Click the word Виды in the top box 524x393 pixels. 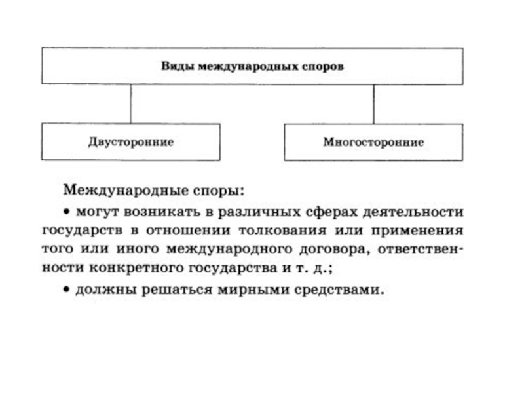[x=174, y=67]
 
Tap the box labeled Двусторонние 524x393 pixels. [x=131, y=141]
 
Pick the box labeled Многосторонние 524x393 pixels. [x=373, y=141]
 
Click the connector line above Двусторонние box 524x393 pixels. [x=131, y=103]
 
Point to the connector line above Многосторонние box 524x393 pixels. [x=373, y=103]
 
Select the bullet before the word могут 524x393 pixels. [x=67, y=213]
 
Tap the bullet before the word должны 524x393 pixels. [x=67, y=290]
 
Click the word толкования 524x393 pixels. [x=301, y=231]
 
